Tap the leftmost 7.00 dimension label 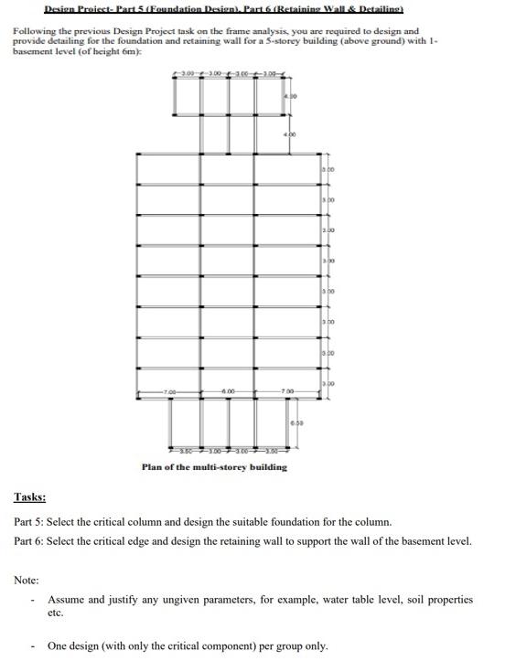click(x=171, y=392)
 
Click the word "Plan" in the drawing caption click(x=152, y=467)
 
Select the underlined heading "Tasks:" click(x=29, y=497)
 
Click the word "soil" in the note click(x=417, y=600)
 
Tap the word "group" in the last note click(x=274, y=645)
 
